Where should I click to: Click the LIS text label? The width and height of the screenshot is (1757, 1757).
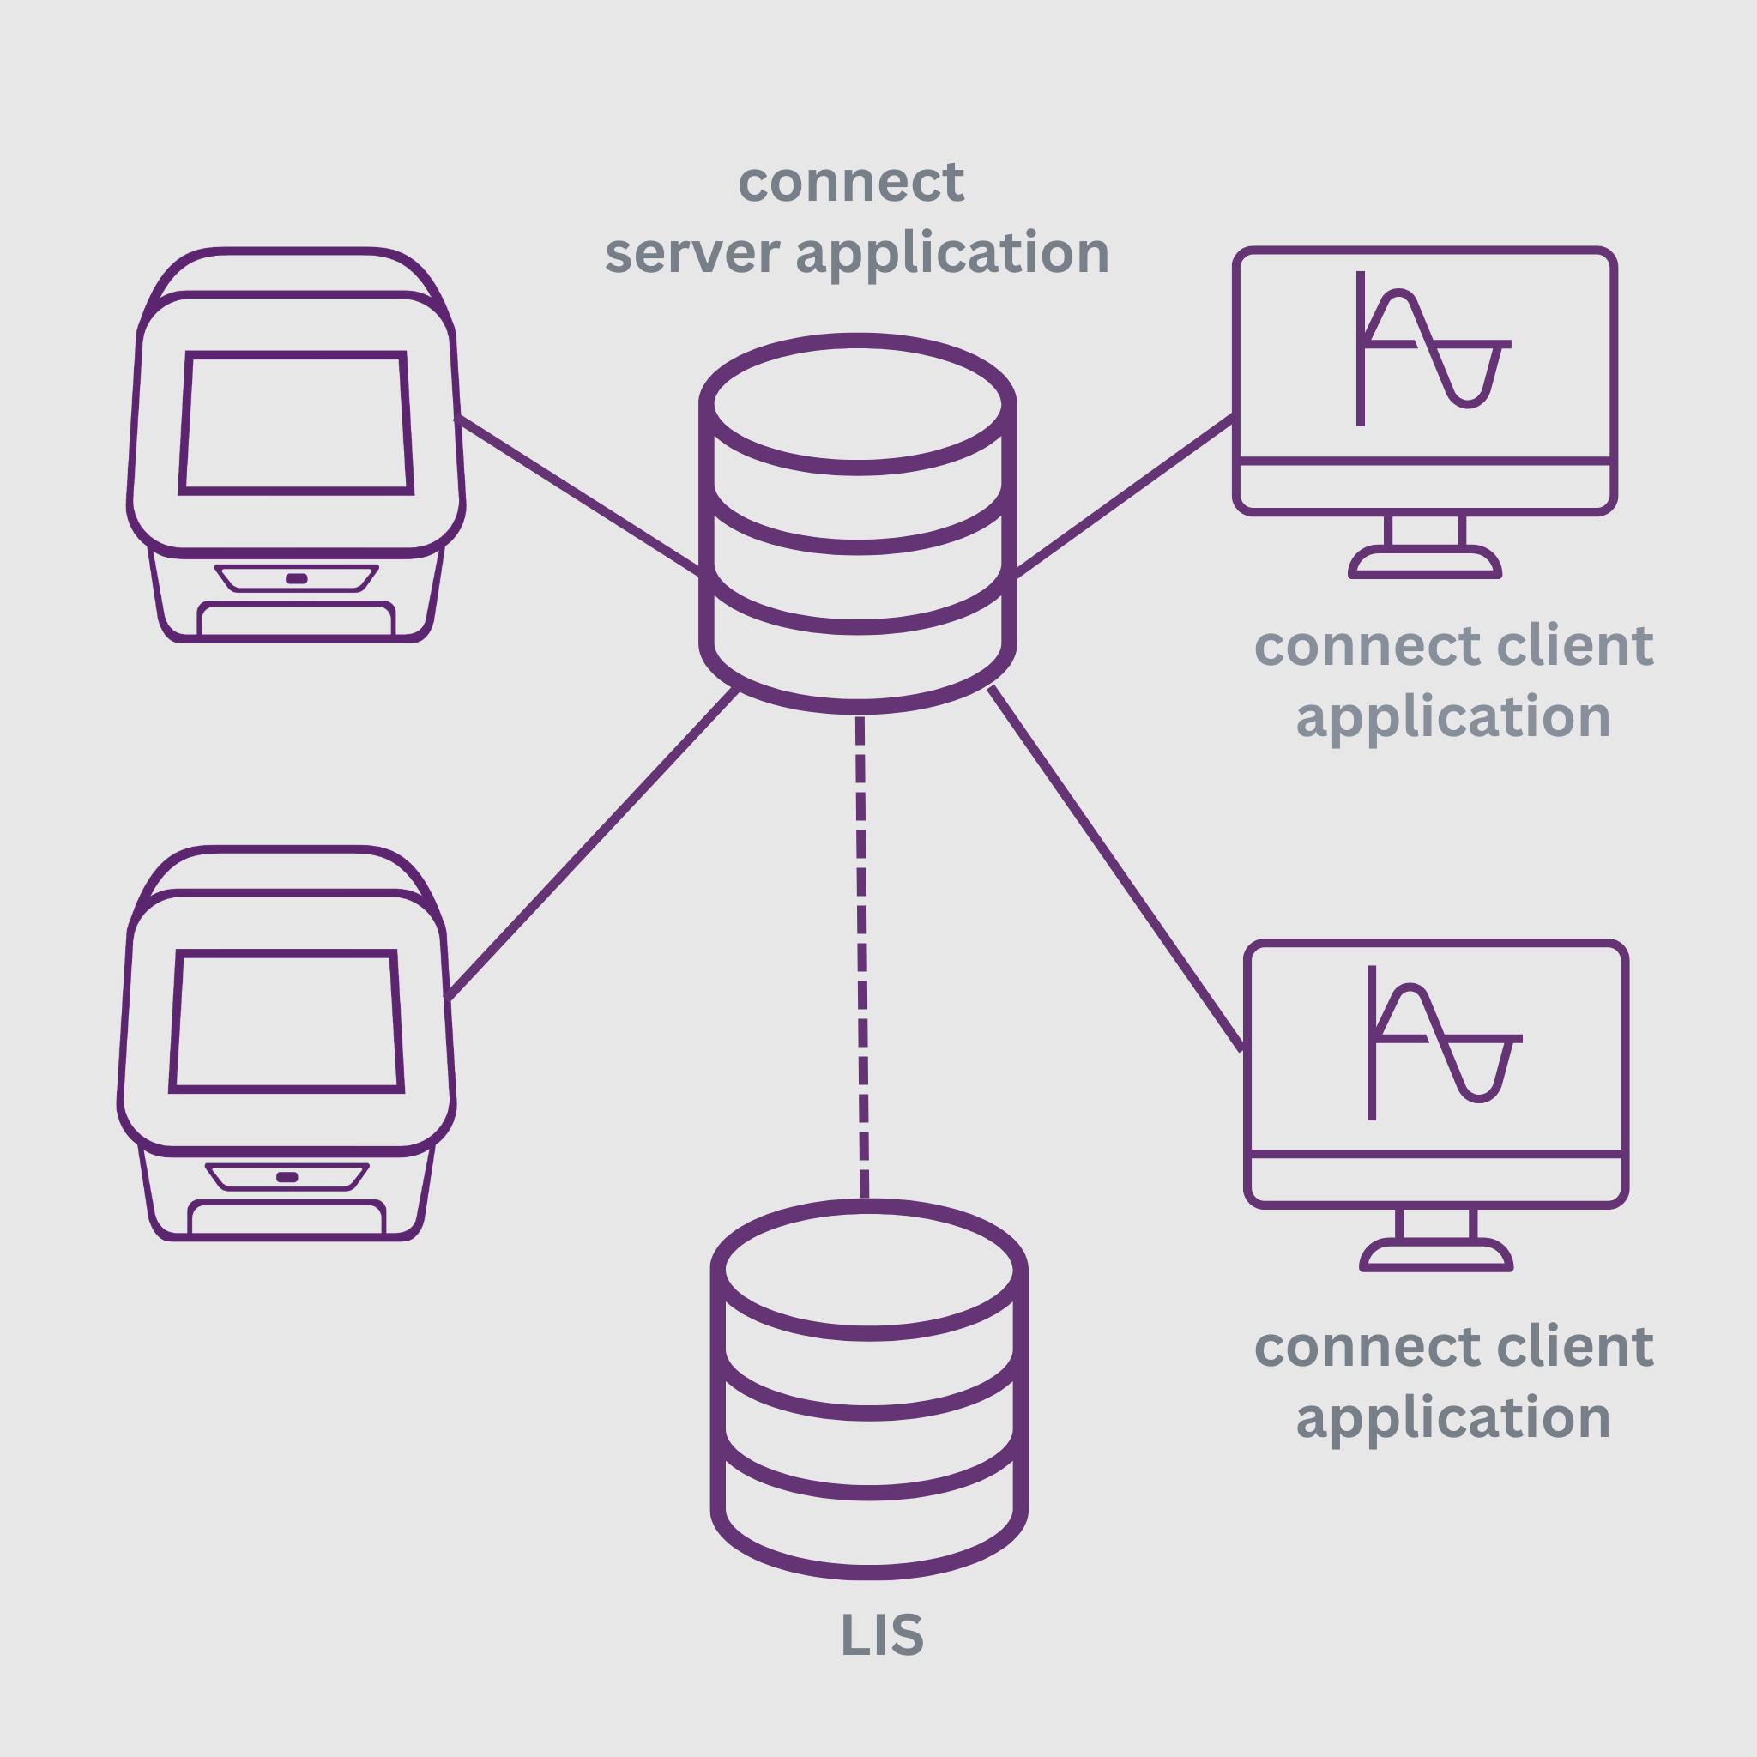(x=881, y=1634)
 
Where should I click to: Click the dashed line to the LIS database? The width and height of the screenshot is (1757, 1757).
(x=861, y=955)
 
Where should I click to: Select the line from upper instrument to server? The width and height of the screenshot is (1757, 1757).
(x=578, y=496)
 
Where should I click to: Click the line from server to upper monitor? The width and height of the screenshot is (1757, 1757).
(x=1124, y=496)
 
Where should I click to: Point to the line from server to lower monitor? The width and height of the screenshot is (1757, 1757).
(x=1115, y=868)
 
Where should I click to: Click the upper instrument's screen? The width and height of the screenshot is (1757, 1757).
(x=297, y=423)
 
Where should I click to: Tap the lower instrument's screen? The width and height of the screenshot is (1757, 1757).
(x=287, y=1021)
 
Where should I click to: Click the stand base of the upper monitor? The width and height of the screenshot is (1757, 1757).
(x=1425, y=564)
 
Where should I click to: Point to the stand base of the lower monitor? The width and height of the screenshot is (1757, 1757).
(x=1436, y=1256)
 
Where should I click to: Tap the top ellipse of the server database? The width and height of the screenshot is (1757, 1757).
(x=858, y=404)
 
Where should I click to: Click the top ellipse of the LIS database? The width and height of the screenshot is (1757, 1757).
(x=869, y=1270)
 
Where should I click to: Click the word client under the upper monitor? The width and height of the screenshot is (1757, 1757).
(x=1574, y=647)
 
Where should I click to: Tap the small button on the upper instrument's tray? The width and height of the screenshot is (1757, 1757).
(x=297, y=578)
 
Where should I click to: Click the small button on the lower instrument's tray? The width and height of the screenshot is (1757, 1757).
(x=287, y=1177)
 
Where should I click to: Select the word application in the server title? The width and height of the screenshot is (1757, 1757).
(x=951, y=254)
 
